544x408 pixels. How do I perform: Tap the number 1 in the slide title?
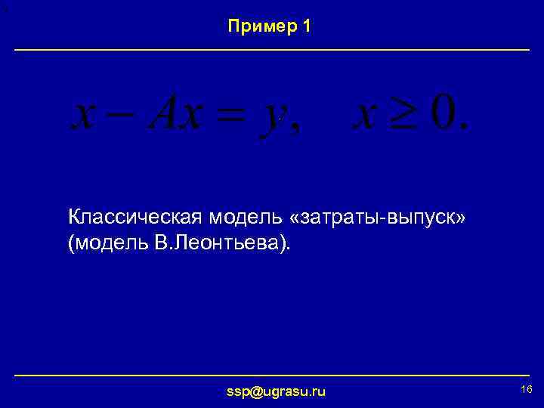pos(305,26)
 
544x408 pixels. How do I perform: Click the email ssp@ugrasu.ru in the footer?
pos(276,391)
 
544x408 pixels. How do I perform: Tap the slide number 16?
pos(527,388)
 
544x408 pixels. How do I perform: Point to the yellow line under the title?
pos(272,50)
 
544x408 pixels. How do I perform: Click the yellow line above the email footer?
pos(272,375)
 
